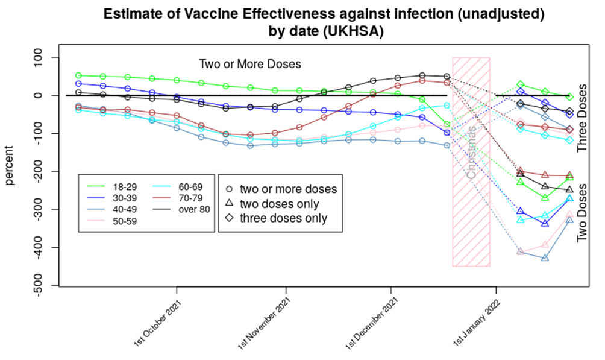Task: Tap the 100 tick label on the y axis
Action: pyautogui.click(x=40, y=58)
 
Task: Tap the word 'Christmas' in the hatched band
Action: pyautogui.click(x=471, y=153)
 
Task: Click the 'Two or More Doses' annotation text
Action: pyautogui.click(x=250, y=64)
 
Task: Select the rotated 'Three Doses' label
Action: pyautogui.click(x=582, y=117)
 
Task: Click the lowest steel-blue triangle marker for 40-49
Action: pyautogui.click(x=545, y=258)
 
